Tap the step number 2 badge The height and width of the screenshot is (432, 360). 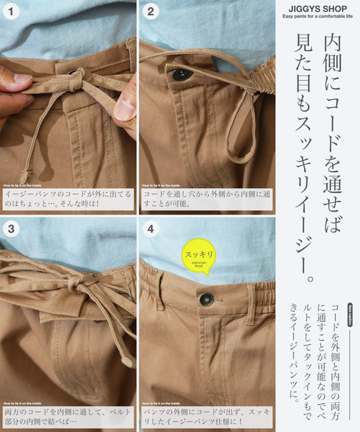pyautogui.click(x=150, y=12)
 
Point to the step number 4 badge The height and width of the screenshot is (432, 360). pyautogui.click(x=150, y=228)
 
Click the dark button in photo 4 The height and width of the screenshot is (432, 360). pyautogui.click(x=206, y=299)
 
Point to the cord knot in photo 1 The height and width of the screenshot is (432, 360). pyautogui.click(x=76, y=76)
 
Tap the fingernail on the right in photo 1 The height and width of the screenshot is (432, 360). pyautogui.click(x=123, y=109)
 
